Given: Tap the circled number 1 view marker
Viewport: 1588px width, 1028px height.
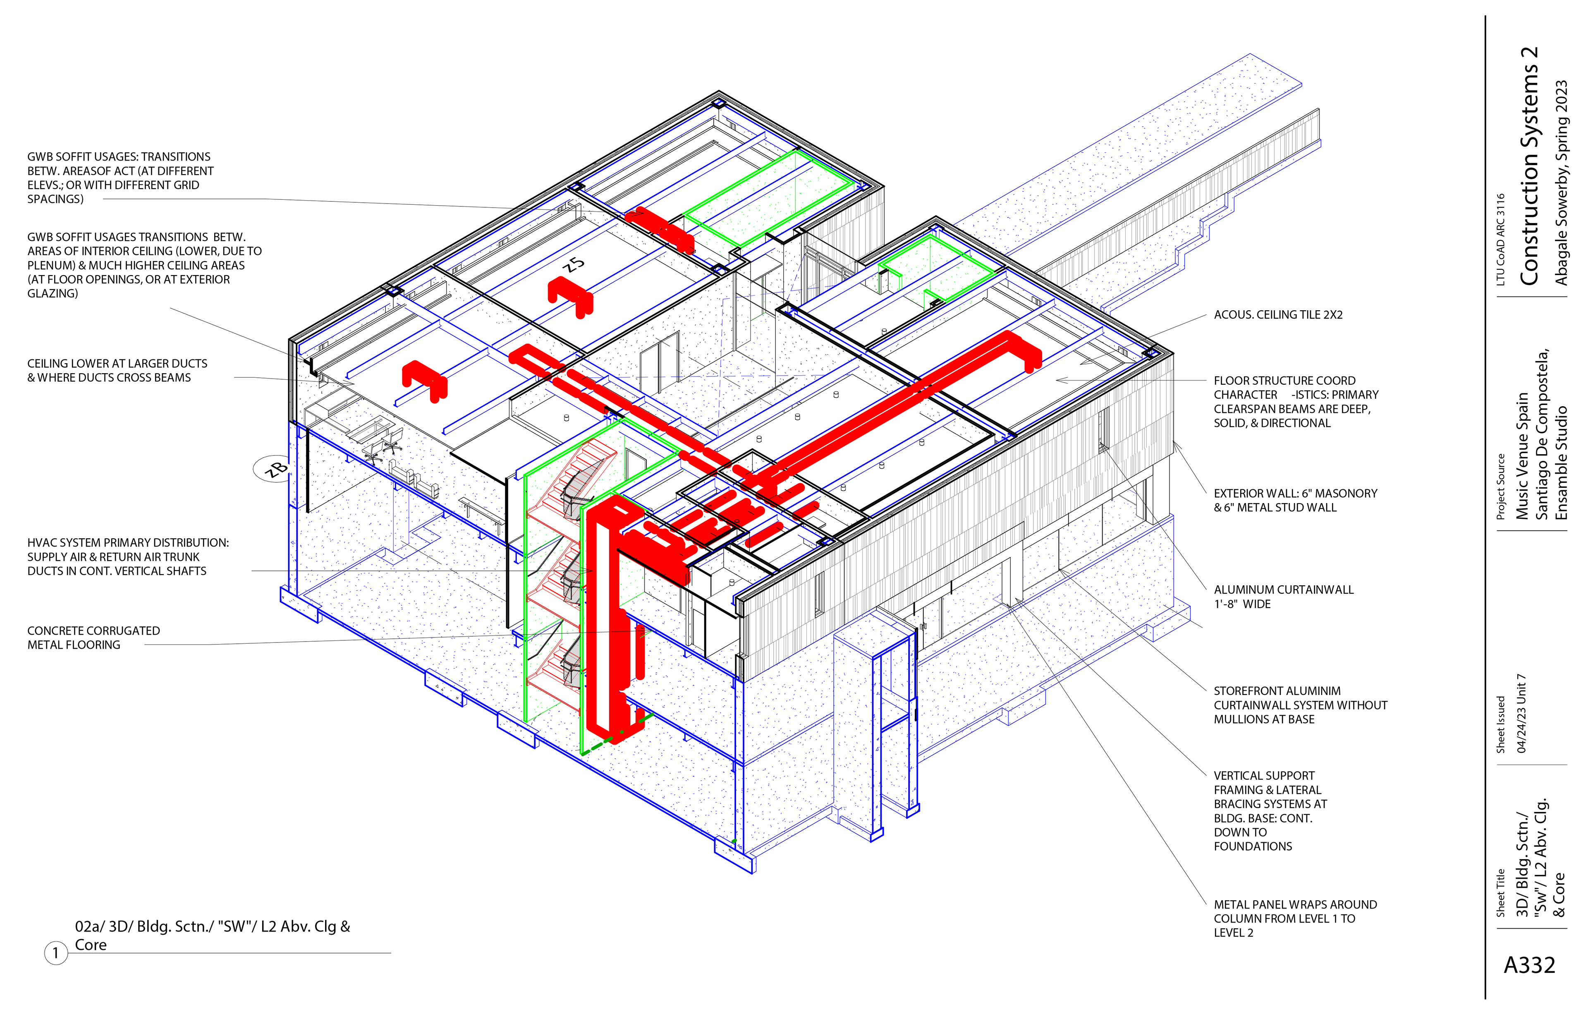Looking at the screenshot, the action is pos(56,953).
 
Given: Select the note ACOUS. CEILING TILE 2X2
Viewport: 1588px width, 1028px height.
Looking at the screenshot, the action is pos(1278,314).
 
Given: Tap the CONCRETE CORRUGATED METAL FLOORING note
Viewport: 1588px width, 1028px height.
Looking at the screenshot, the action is pos(93,637).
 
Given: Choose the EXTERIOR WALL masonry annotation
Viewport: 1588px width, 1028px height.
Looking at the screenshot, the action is pos(1294,500).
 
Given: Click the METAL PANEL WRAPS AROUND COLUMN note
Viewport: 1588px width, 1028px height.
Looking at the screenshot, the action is pos(1294,918).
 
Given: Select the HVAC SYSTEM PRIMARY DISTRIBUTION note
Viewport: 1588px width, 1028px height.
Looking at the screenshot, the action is pos(127,557).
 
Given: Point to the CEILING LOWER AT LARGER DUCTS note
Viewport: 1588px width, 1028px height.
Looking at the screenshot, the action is pos(117,371).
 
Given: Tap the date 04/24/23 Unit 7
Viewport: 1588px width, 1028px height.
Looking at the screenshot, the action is pos(1522,713).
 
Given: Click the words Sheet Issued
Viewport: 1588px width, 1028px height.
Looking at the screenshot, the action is pos(1501,724).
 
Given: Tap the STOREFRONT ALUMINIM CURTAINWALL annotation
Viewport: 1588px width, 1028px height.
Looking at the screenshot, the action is pos(1300,705).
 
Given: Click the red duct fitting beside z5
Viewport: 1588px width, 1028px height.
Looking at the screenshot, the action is pos(569,295).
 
